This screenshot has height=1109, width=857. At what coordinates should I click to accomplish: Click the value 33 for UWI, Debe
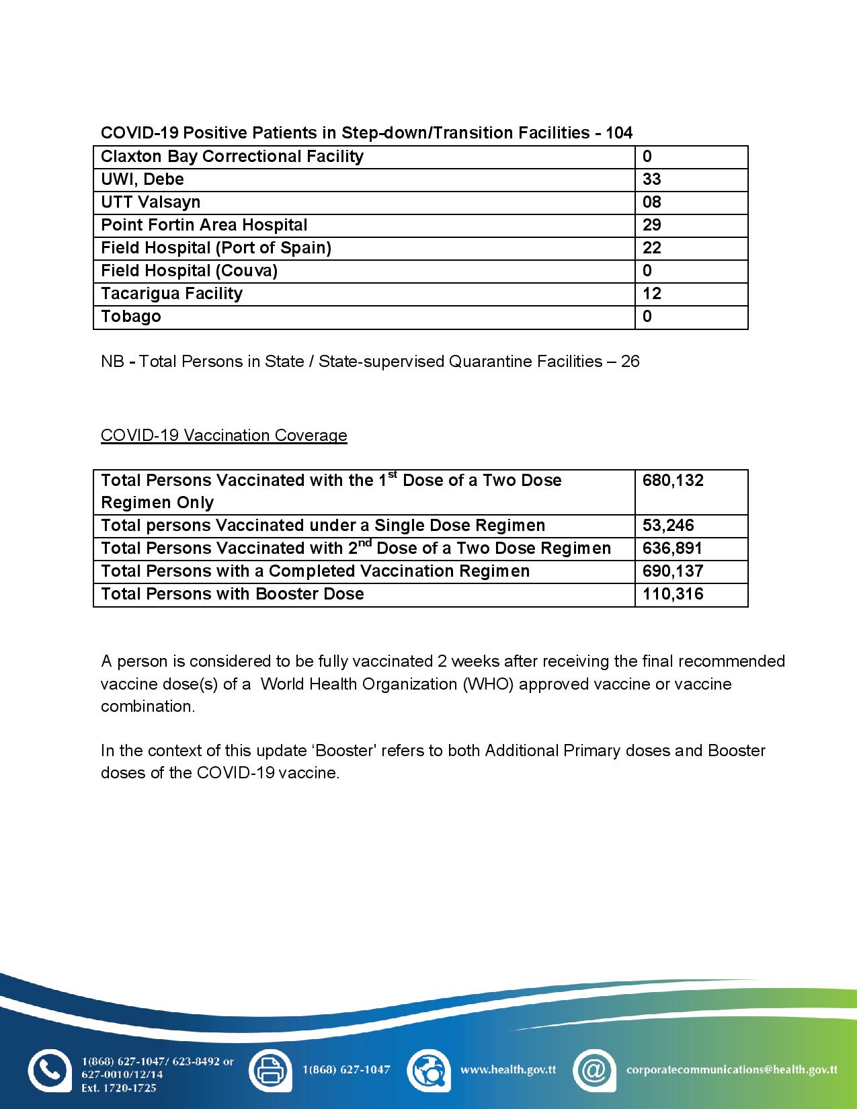[x=651, y=179]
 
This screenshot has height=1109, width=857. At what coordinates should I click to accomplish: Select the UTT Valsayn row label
[x=151, y=202]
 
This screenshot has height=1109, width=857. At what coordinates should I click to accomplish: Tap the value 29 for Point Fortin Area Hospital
[x=651, y=225]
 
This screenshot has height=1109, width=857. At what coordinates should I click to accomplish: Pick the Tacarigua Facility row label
[x=171, y=294]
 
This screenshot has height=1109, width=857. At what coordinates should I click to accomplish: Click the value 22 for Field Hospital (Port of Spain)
[x=651, y=248]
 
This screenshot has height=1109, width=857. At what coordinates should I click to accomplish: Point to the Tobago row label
[x=131, y=317]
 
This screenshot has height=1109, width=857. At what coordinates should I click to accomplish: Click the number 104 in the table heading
[x=618, y=133]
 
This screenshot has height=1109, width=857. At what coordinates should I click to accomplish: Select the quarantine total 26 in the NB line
[x=630, y=362]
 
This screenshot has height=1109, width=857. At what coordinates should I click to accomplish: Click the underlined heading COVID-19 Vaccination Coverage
[x=224, y=436]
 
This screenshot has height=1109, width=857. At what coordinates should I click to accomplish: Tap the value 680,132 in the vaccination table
[x=673, y=481]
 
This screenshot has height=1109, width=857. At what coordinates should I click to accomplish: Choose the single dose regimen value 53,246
[x=668, y=526]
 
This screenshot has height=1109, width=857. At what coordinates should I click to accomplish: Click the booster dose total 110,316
[x=673, y=594]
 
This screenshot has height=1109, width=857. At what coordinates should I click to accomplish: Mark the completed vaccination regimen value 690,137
[x=673, y=571]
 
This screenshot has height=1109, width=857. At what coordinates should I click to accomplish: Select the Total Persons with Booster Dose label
[x=233, y=594]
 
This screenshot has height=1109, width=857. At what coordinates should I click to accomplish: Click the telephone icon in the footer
[x=49, y=1070]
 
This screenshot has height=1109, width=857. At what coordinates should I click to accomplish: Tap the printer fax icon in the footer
[x=270, y=1070]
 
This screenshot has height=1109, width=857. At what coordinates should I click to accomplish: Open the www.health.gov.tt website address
[x=507, y=1069]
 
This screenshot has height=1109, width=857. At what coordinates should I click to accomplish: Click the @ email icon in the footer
[x=594, y=1070]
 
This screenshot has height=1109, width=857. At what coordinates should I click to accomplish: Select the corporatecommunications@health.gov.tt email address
[x=731, y=1069]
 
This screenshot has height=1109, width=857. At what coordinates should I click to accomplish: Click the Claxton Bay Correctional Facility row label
[x=232, y=157]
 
